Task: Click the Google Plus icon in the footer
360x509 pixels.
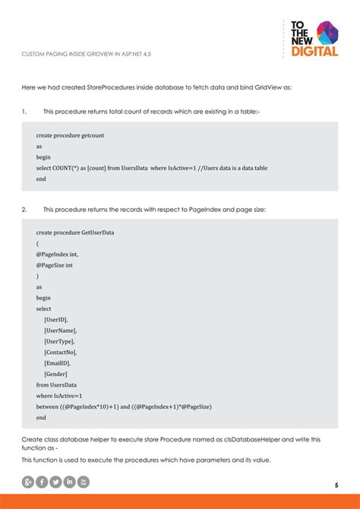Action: [28, 482]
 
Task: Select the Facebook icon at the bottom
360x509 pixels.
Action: [42, 482]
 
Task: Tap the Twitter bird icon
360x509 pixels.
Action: [55, 482]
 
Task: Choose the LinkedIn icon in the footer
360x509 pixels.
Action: [70, 482]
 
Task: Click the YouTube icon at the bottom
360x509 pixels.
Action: [84, 482]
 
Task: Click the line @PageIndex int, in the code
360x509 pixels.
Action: [57, 254]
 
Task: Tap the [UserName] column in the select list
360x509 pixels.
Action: [61, 330]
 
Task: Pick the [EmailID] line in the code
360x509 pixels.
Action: [58, 363]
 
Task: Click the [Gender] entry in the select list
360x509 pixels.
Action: [56, 374]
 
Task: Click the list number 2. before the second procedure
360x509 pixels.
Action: [24, 209]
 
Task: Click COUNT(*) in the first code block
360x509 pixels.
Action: [64, 168]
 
